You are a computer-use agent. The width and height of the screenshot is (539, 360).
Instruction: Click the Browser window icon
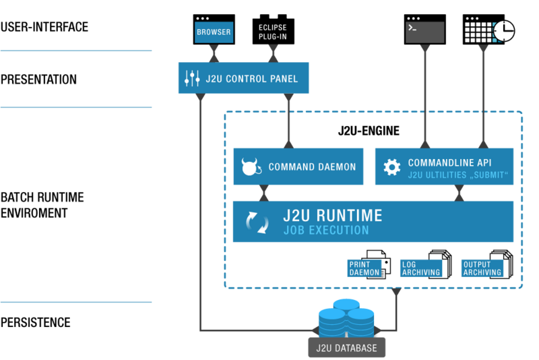point(214,29)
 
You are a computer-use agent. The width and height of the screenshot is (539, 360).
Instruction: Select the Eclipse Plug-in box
point(274,30)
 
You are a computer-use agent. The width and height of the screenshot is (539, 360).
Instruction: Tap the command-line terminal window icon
point(425,29)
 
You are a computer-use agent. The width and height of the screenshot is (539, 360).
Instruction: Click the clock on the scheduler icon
point(504,31)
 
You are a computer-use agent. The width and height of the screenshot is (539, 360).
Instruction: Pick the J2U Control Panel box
point(243,78)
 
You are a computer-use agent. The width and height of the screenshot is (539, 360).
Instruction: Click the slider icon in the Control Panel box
point(192,78)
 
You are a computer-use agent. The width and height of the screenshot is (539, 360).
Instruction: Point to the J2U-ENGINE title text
point(369,131)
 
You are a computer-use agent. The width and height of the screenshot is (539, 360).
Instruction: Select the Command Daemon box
point(298,167)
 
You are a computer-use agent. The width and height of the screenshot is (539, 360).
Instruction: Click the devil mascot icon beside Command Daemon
point(251,167)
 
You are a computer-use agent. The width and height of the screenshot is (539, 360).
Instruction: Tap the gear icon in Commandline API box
point(392,167)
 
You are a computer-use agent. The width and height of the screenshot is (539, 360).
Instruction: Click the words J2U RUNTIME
point(332,216)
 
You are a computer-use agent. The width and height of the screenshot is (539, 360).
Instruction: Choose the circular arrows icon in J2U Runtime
point(257,222)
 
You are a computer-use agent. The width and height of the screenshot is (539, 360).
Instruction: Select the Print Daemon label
point(364,268)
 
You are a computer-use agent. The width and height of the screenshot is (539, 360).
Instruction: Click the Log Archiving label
point(421,268)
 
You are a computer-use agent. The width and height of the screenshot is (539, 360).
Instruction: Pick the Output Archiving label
point(482,268)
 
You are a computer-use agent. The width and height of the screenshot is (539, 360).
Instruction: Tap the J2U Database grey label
point(346,348)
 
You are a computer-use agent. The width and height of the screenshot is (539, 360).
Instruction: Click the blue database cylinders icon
point(346,318)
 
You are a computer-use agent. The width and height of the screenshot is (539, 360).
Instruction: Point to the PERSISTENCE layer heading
point(36,322)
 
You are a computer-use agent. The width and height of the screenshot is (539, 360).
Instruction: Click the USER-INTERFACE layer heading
point(44,27)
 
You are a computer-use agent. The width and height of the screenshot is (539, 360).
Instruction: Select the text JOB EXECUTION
point(326,230)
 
